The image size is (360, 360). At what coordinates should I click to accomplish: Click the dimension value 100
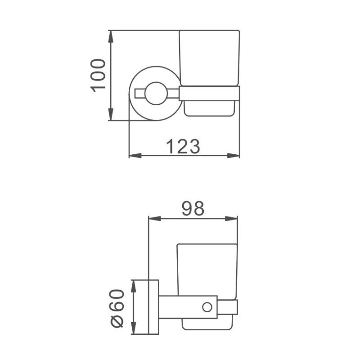click(99, 75)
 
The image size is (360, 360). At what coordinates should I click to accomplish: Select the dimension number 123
click(183, 146)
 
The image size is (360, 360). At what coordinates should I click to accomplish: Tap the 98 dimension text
click(193, 208)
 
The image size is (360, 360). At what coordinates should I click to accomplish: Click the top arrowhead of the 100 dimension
click(110, 36)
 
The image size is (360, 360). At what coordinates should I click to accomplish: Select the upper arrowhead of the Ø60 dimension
click(134, 285)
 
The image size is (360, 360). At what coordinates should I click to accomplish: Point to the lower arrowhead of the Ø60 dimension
click(134, 329)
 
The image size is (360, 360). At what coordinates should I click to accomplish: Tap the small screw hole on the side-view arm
click(207, 307)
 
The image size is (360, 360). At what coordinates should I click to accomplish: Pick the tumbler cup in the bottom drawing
click(207, 270)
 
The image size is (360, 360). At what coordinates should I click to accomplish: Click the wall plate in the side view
click(153, 307)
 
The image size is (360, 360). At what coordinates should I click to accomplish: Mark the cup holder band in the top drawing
click(209, 93)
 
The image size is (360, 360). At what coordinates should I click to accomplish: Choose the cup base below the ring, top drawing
click(209, 108)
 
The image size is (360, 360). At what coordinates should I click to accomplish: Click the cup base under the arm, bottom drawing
click(207, 324)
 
